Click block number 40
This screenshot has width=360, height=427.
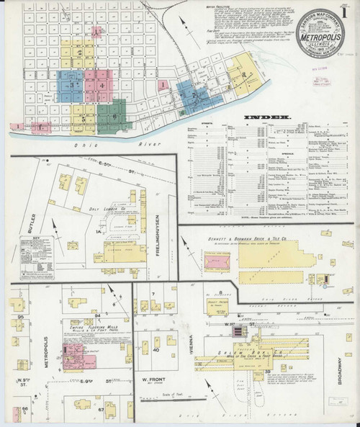pyautogui.click(x=155, y=350)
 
